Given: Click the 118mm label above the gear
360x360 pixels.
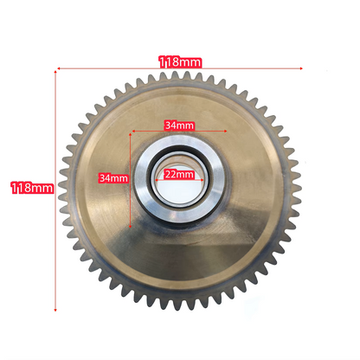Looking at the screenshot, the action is click(x=180, y=62).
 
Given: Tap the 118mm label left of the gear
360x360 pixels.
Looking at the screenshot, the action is click(x=32, y=188).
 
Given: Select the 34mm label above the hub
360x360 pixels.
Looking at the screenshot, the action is click(x=179, y=125).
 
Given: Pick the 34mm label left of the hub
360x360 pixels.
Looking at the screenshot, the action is click(x=113, y=178).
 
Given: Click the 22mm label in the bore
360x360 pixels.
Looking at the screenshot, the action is click(x=179, y=174).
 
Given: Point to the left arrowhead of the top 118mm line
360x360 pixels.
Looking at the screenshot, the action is click(x=59, y=68).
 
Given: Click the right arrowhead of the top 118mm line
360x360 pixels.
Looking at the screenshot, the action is click(x=301, y=68).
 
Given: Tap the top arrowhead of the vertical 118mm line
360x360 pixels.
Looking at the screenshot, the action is click(x=55, y=72).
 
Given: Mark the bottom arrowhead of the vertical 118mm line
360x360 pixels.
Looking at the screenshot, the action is click(x=55, y=310).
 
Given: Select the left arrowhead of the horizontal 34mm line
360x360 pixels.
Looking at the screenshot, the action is click(x=133, y=132).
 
